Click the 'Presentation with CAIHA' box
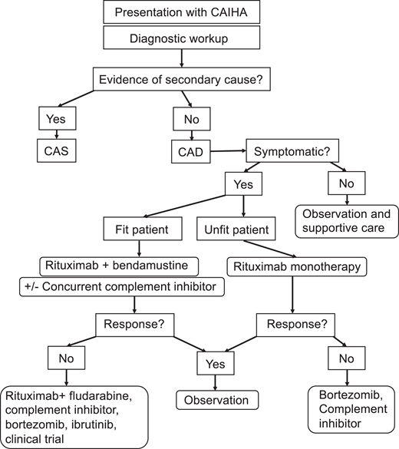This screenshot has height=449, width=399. [179, 12]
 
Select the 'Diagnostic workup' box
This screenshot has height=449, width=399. [179, 36]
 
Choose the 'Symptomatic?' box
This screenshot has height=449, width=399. [289, 148]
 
